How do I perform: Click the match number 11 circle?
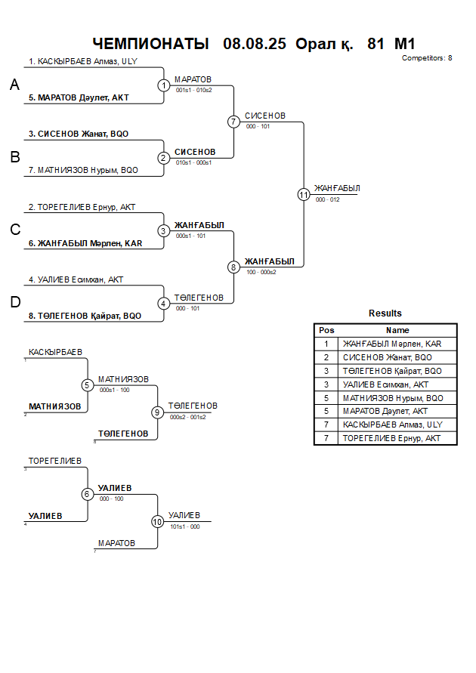304,194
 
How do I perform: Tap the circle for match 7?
233,122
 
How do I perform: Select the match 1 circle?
164,85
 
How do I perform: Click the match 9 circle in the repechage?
157,412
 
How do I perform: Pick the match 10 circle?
157,521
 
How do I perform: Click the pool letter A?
14,85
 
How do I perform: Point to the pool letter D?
14,302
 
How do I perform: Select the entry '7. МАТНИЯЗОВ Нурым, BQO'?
83,170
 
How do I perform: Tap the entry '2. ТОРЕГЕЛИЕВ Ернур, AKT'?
82,207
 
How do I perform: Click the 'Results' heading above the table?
385,313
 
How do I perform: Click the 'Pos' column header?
326,330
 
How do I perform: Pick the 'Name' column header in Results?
397,330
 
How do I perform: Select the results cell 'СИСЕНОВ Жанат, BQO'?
388,357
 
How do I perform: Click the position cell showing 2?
326,357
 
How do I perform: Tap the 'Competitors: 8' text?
427,57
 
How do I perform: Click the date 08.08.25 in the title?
255,44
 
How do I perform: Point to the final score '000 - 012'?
328,199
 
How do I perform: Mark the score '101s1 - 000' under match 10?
185,527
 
